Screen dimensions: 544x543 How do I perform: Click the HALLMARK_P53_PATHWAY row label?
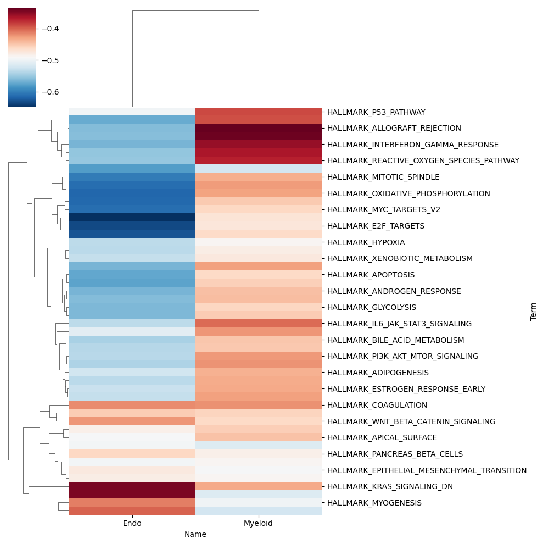point(376,112)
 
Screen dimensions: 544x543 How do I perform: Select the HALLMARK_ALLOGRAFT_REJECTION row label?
point(394,128)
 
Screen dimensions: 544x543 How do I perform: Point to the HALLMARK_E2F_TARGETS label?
point(375,226)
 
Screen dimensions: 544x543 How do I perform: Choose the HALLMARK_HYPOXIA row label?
point(366,242)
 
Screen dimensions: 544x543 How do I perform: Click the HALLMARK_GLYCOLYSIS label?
point(371,307)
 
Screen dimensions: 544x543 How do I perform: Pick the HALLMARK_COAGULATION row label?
point(377,405)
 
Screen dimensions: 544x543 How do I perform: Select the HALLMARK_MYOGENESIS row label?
point(374,503)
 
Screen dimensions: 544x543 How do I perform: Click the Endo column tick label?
point(132,524)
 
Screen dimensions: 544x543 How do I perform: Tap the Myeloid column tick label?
point(258,524)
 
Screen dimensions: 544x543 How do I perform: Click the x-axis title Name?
point(195,535)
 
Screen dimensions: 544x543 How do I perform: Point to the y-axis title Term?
point(533,311)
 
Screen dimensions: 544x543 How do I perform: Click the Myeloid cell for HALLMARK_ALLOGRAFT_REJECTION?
point(258,128)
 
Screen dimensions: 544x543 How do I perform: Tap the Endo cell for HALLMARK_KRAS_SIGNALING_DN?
point(132,486)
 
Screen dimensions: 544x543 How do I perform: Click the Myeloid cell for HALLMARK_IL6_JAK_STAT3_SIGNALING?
point(258,324)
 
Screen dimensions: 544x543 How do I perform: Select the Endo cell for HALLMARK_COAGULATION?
point(132,405)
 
